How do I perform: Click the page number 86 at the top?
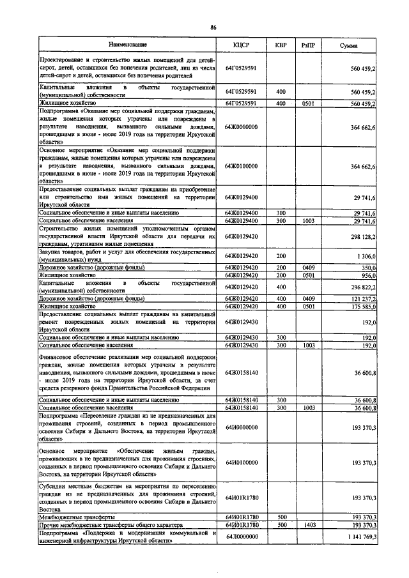click(213, 27)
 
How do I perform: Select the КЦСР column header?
click(242, 45)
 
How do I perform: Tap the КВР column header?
click(280, 45)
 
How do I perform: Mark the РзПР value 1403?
click(309, 524)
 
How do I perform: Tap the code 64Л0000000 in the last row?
click(242, 536)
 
